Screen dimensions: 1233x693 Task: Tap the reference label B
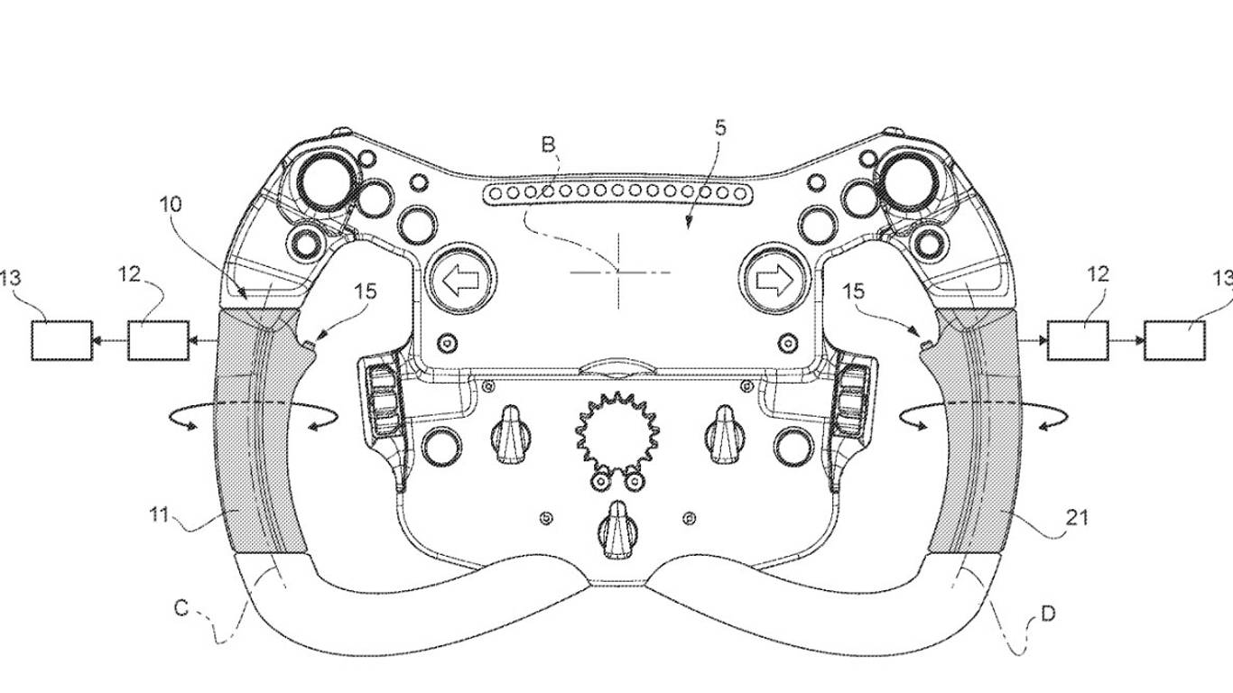(x=548, y=144)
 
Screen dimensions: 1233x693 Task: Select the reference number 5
(x=720, y=128)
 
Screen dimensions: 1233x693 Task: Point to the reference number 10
(x=171, y=205)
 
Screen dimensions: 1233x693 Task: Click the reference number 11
(x=159, y=515)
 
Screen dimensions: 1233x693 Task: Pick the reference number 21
(x=1077, y=518)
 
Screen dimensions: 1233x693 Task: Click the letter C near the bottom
(x=181, y=608)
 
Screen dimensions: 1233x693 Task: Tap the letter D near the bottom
(x=1049, y=614)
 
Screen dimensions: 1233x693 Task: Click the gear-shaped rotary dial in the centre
(x=617, y=435)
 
